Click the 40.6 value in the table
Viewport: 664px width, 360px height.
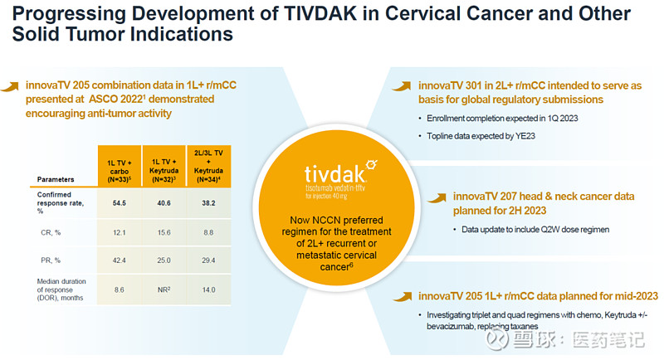click(163, 202)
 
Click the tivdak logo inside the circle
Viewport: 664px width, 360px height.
click(331, 173)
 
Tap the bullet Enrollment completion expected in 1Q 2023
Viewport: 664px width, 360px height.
click(495, 118)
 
